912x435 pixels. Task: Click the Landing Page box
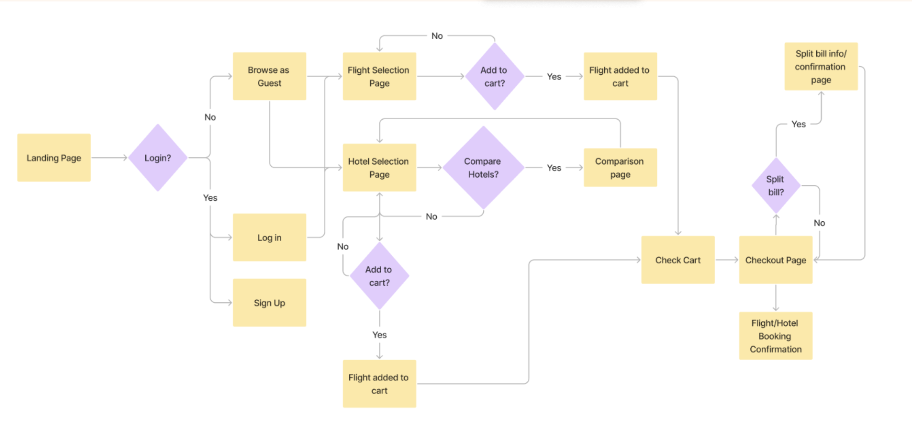click(x=54, y=158)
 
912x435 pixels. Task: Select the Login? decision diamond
click(x=157, y=158)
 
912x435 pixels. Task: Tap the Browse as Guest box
click(x=269, y=76)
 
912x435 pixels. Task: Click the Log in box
click(x=269, y=238)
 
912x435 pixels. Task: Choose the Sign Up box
click(x=269, y=303)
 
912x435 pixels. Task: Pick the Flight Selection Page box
click(x=379, y=76)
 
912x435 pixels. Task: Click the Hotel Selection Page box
click(x=379, y=168)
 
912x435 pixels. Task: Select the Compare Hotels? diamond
click(x=483, y=168)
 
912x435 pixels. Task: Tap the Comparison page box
click(x=620, y=168)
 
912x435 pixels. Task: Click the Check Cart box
click(x=678, y=260)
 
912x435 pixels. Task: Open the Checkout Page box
click(x=776, y=260)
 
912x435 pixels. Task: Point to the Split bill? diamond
click(x=776, y=186)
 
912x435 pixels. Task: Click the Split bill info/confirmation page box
click(x=821, y=66)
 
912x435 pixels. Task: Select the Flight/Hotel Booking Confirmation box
click(x=776, y=336)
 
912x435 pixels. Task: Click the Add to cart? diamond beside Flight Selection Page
click(x=494, y=76)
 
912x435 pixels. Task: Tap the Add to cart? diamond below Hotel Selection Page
click(x=379, y=276)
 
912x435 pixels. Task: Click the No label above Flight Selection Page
click(x=437, y=36)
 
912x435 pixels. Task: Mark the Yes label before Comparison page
click(x=554, y=168)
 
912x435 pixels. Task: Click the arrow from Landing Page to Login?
click(x=109, y=158)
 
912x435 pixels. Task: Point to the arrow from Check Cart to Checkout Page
click(x=727, y=260)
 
